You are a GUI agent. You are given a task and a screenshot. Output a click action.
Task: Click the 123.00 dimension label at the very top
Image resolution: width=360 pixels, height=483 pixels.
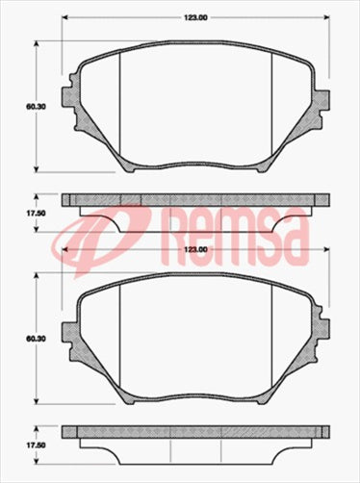click(x=195, y=16)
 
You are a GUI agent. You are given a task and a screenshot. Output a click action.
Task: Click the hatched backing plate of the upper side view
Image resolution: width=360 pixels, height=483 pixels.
click(x=195, y=200)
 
